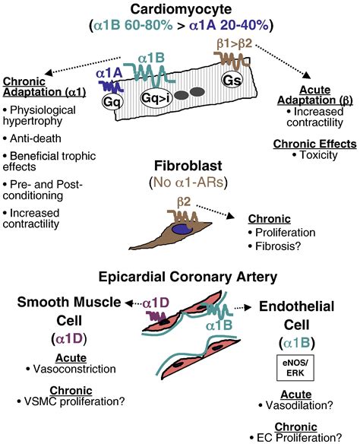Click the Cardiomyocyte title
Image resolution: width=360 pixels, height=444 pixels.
[180, 9]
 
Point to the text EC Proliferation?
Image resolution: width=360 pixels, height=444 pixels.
[304, 437]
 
